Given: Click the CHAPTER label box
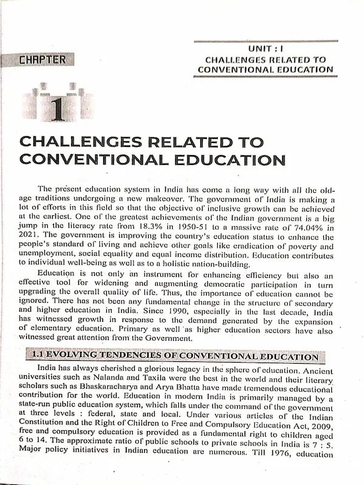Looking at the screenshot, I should pyautogui.click(x=42, y=59).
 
